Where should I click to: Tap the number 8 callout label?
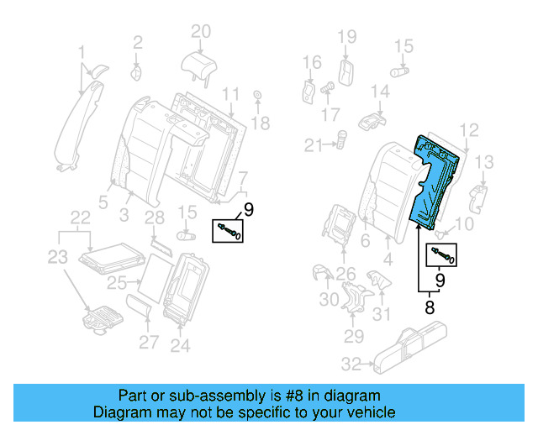click(430, 307)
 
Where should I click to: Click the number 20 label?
click(199, 32)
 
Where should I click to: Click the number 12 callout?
click(469, 129)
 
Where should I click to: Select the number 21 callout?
click(314, 146)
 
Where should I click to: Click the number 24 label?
click(180, 344)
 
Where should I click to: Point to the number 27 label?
click(148, 342)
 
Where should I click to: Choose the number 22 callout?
click(79, 218)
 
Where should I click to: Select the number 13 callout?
click(486, 161)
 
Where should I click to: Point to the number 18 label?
click(261, 123)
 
